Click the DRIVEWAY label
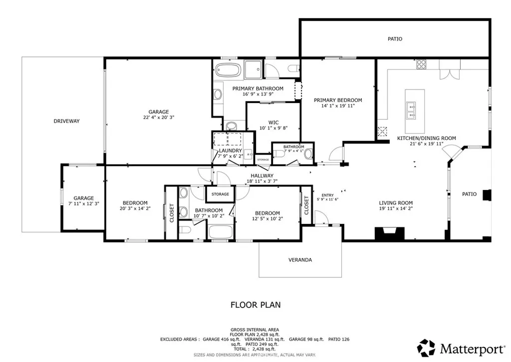point(67,121)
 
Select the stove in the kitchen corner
point(421,64)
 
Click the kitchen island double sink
point(412,110)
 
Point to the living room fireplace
point(390,233)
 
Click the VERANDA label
point(300,260)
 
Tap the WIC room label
point(273,121)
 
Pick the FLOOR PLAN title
point(255,304)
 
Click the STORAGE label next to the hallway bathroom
point(220,194)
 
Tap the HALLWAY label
point(262,175)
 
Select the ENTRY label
point(327,195)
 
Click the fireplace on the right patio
point(487,194)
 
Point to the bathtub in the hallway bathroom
point(221,231)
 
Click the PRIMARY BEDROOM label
point(338,100)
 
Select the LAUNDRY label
point(230,150)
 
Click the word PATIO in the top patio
point(395,38)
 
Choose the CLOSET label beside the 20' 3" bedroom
point(172,212)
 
